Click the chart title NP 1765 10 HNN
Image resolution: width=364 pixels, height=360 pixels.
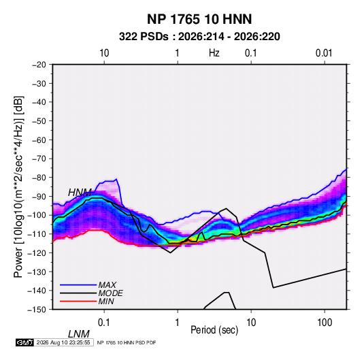[x=199, y=19]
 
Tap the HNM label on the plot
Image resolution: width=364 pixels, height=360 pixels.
[x=80, y=193]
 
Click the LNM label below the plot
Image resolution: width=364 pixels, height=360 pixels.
[x=78, y=334]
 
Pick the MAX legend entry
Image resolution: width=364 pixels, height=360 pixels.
[x=107, y=284]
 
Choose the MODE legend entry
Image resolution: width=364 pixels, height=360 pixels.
[x=110, y=293]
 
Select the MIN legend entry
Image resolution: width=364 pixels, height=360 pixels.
[x=106, y=301]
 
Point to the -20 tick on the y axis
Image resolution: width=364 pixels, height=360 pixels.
[x=39, y=65]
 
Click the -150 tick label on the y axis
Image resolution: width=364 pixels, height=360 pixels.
[x=37, y=310]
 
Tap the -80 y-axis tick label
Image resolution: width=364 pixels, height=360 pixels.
[x=39, y=178]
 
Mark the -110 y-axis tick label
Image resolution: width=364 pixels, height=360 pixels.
[x=37, y=234]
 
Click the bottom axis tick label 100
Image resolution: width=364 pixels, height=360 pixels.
[x=325, y=323]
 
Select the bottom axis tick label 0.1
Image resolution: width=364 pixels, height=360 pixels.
[x=104, y=323]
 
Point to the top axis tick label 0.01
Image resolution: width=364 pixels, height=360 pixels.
[x=324, y=53]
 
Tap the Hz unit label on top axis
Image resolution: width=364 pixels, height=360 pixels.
[x=214, y=53]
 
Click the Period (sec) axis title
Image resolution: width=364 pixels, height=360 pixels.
[x=214, y=330]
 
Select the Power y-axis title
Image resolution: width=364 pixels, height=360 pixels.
[x=18, y=187]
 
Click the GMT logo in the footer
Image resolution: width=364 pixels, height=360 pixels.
[x=25, y=342]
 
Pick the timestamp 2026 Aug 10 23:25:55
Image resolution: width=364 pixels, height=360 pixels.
[x=63, y=342]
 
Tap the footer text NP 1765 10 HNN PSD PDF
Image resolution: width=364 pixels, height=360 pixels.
[x=127, y=342]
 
